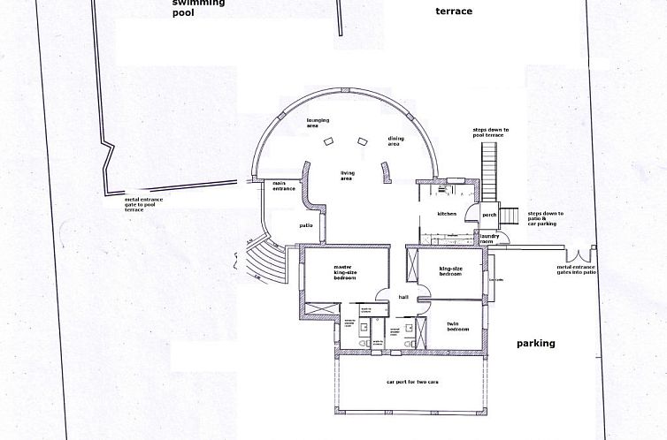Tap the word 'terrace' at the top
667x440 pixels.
[454, 11]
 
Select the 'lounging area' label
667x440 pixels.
[318, 123]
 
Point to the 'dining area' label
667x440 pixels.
[395, 141]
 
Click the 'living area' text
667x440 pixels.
[348, 175]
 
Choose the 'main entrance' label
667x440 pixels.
[284, 186]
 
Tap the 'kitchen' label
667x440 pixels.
[447, 215]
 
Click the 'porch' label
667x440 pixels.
[489, 214]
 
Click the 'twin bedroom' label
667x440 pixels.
[456, 327]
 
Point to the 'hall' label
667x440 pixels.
[403, 298]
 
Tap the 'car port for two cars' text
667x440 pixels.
[412, 382]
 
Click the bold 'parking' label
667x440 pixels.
[535, 344]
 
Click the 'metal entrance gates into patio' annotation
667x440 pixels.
[576, 269]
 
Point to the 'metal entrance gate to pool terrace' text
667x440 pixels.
[147, 204]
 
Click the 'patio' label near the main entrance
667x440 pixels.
[306, 225]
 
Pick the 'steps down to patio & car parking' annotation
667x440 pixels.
[545, 219]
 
